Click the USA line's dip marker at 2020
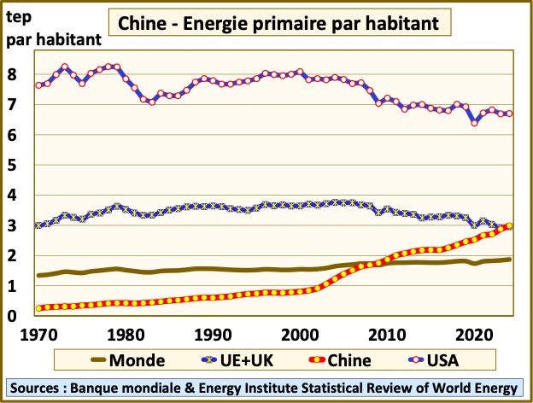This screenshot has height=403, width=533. (474, 123)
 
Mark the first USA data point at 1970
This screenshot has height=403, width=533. (39, 85)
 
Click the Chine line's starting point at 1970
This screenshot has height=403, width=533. (39, 308)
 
